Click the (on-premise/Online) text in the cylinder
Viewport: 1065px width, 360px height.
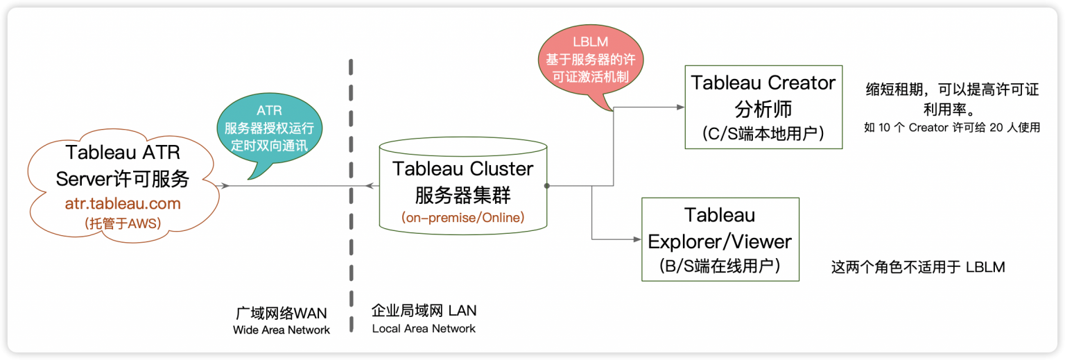coord(462,217)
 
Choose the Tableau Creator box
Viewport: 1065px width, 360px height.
coord(763,107)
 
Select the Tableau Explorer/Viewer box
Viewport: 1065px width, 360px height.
coord(720,239)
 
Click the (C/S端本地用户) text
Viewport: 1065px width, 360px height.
coord(763,133)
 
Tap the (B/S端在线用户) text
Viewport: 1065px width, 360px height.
coord(720,266)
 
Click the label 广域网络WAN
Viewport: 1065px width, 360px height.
coord(281,313)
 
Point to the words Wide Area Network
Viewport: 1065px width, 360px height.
coord(281,330)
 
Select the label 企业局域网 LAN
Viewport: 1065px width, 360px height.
coord(424,310)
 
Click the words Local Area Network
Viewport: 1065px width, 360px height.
coord(424,328)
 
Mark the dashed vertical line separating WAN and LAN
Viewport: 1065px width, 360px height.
coord(352,173)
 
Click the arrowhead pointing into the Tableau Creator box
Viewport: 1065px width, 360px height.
coord(679,107)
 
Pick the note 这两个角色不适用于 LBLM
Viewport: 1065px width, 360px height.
coord(917,267)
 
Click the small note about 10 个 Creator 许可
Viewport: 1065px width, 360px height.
coord(951,128)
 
